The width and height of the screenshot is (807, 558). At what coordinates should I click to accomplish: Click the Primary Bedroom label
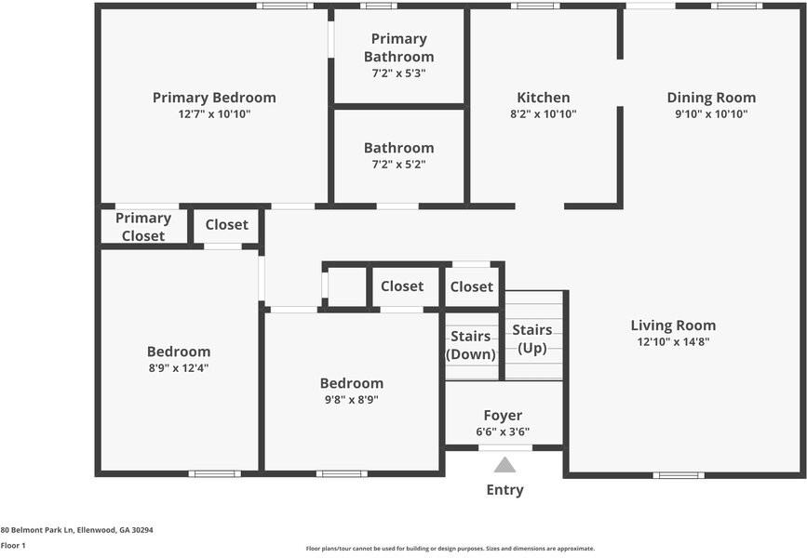coord(214,98)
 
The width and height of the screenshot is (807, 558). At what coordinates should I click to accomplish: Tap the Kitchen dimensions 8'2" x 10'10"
coord(544,114)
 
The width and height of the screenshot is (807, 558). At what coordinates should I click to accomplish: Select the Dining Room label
coord(711,98)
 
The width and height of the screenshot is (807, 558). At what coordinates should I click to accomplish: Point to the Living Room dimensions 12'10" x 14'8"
coord(673,342)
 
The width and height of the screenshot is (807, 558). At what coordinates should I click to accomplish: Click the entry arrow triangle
coord(504,464)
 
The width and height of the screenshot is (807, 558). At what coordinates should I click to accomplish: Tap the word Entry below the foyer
coord(504,490)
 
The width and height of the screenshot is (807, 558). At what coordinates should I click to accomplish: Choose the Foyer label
coord(503,416)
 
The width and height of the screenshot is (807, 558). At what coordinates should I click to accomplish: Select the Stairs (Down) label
coord(472,345)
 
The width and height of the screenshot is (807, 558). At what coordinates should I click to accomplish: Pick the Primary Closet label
coord(143,227)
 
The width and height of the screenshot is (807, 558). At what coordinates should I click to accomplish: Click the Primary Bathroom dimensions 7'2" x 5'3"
coord(398,73)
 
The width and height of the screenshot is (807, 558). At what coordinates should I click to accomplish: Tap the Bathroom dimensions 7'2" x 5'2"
coord(398,165)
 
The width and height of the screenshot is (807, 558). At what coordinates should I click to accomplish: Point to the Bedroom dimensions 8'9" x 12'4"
coord(179,368)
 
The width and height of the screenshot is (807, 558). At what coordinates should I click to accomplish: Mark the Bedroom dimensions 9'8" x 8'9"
coord(351,400)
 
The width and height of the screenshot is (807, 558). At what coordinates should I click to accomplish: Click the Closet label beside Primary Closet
coord(226,225)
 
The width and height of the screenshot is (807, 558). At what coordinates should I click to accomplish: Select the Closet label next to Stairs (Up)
coord(472,287)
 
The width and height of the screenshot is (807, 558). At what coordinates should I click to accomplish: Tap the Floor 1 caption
coord(13,546)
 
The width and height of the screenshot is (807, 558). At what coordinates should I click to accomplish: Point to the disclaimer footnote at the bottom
coord(450,549)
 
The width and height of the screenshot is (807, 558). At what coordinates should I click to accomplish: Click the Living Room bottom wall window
coord(678,475)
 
